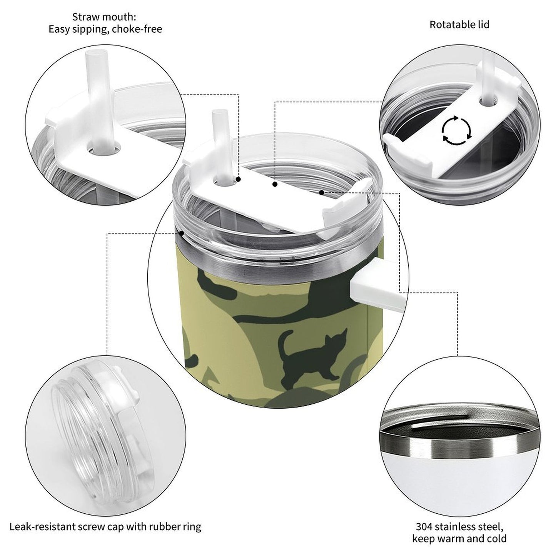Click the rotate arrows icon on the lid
click(x=456, y=130)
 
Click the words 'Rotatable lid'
click(x=459, y=25)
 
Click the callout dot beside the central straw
click(x=239, y=179)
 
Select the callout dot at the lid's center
click(x=275, y=185)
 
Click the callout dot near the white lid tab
click(x=321, y=192)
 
